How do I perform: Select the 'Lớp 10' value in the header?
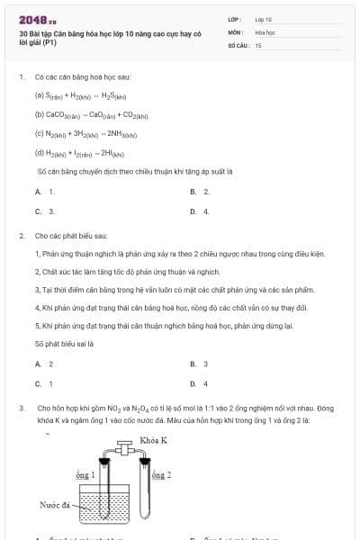(x=264, y=19)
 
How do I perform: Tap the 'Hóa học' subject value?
(x=265, y=31)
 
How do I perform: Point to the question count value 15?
(x=258, y=44)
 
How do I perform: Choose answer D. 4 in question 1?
(x=200, y=211)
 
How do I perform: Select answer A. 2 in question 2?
(x=44, y=364)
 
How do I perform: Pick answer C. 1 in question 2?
(x=44, y=383)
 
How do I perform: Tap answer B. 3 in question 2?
(x=200, y=364)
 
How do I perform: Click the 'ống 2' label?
(x=161, y=473)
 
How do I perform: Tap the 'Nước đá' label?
(x=55, y=504)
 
